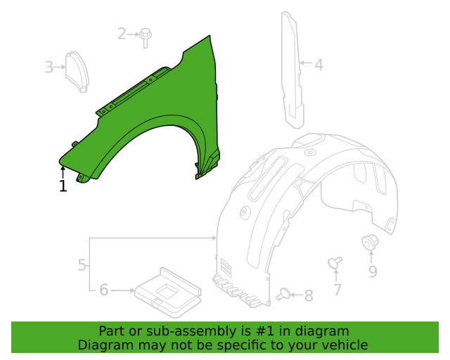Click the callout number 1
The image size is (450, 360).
point(63,186)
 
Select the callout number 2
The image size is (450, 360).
point(122,33)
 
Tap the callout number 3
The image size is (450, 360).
point(49,67)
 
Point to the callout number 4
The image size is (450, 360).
point(319,65)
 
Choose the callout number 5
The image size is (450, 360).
point(82,265)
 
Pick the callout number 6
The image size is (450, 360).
point(103,290)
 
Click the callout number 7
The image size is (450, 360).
point(337,289)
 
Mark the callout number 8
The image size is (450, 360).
point(308,296)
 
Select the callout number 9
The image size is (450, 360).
point(373,271)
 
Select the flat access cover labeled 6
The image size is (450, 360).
point(167,290)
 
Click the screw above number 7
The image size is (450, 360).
point(335,263)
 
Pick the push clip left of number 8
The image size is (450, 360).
point(284,295)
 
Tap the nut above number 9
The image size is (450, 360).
point(369,243)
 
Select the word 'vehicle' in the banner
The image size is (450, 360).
point(344,345)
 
